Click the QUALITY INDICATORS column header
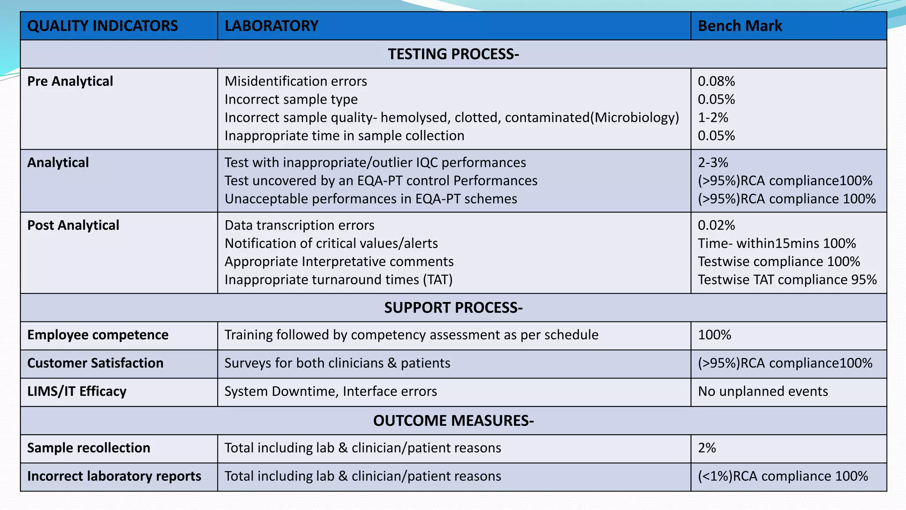[x=103, y=26]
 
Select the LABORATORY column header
[x=272, y=26]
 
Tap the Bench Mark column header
[x=740, y=26]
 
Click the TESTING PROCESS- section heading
[x=453, y=54]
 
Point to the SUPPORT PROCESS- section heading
[x=453, y=308]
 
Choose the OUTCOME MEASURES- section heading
[x=453, y=421]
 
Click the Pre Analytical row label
[x=70, y=81]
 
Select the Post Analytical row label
[x=73, y=225]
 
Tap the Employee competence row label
[x=98, y=335]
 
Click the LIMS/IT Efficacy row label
[x=77, y=391]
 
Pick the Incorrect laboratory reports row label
[x=114, y=476]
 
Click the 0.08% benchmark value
[x=716, y=81]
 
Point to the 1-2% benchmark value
[x=713, y=118]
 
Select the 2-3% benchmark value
[x=713, y=163]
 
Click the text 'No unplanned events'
[x=763, y=391]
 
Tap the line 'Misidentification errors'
[x=296, y=81]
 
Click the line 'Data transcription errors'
[x=299, y=225]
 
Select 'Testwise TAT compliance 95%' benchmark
[x=787, y=280]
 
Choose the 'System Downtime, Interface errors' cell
[x=331, y=391]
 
